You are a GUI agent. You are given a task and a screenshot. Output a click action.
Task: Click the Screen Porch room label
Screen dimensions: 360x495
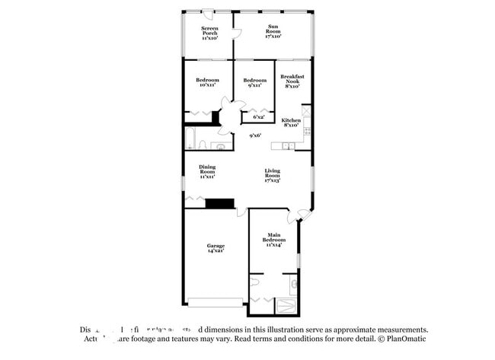209,33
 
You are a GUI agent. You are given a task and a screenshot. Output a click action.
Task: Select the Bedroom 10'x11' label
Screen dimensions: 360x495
207,82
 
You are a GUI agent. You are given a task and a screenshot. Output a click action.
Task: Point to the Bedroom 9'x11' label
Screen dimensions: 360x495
254,82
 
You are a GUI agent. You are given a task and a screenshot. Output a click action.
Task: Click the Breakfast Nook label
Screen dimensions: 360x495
293,81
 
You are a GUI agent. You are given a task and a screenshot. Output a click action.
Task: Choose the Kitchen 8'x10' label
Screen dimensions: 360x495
291,123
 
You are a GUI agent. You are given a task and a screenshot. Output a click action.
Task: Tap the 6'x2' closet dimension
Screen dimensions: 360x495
259,117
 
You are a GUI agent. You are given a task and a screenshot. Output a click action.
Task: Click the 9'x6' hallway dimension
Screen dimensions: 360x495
256,136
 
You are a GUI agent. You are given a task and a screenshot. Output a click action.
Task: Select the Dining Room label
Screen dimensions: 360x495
207,170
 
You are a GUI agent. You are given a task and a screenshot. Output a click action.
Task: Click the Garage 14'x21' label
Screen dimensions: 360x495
216,248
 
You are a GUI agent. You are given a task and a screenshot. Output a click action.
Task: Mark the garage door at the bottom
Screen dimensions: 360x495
216,303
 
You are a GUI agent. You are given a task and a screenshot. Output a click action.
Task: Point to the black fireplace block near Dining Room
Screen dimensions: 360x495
220,202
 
